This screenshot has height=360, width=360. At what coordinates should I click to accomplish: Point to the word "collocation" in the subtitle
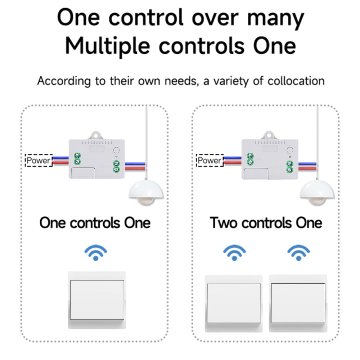[x=296, y=81]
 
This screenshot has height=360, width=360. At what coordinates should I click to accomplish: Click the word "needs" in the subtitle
[x=180, y=81]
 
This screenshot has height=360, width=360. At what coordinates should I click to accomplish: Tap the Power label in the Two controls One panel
[x=210, y=160]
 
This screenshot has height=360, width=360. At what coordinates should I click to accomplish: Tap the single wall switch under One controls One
[x=97, y=300]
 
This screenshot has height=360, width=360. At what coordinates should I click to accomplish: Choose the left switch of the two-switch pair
[x=234, y=303]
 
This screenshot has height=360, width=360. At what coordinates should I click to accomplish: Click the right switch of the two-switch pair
[x=298, y=303]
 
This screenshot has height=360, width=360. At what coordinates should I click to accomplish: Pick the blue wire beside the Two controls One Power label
[x=232, y=158]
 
